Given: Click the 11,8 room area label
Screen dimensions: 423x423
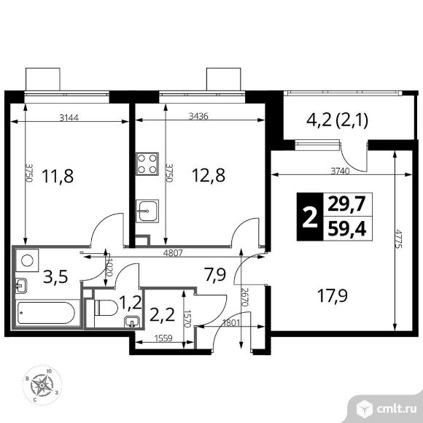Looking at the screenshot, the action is (58, 176).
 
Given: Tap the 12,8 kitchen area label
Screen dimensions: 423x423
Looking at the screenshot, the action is (209, 175).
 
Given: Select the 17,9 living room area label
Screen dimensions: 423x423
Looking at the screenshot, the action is (333, 295).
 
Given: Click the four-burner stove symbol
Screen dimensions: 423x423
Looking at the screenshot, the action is (147, 164).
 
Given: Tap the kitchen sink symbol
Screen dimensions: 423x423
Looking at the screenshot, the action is (147, 211).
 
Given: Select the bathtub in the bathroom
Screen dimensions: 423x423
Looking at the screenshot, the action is (46, 313).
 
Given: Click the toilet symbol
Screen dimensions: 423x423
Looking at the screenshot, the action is (106, 308).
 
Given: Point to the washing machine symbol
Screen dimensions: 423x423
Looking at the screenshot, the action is (27, 260).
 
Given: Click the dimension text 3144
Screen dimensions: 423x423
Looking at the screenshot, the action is (69, 117).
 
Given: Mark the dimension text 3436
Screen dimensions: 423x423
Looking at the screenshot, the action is (198, 116).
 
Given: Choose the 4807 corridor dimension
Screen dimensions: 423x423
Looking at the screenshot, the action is (173, 253).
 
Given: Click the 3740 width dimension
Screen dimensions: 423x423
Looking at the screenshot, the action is (340, 171).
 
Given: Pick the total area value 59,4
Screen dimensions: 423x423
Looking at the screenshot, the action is (347, 229).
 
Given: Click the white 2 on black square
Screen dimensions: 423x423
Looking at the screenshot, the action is (310, 217).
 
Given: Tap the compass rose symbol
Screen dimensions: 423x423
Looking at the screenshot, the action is (42, 385).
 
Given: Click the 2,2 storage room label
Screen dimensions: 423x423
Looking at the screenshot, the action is (162, 315).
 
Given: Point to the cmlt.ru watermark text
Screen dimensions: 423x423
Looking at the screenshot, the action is (396, 409).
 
